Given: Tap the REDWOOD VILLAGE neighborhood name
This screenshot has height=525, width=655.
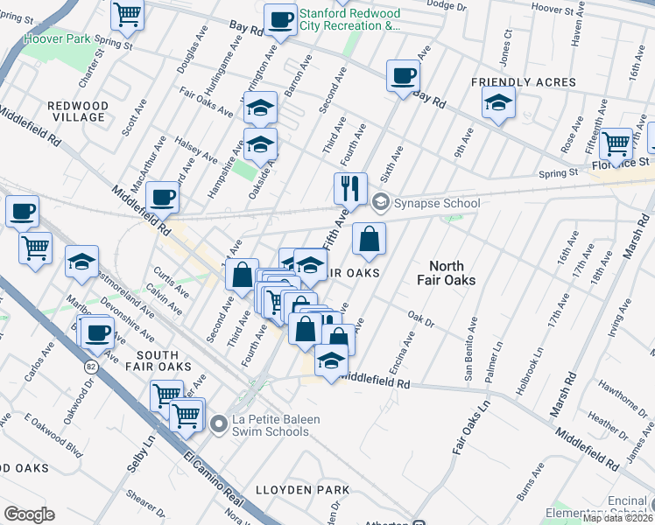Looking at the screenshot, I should click(x=79, y=111).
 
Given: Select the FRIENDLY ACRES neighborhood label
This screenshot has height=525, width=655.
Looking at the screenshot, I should click(x=523, y=82).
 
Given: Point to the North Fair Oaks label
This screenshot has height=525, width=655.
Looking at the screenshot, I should click(x=453, y=273).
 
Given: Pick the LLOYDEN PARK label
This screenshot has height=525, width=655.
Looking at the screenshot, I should click(x=302, y=489).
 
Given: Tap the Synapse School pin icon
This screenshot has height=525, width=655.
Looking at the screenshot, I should click(x=380, y=203).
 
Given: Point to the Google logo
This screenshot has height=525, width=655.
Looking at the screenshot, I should click(x=29, y=514).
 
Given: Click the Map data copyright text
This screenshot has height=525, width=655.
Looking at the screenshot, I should click(x=617, y=518).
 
